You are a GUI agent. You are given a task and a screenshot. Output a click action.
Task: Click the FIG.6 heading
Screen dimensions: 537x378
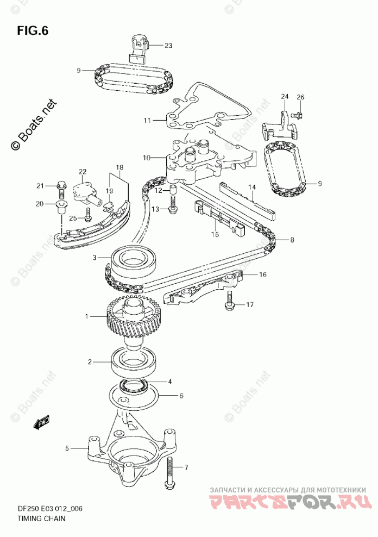point(33,30)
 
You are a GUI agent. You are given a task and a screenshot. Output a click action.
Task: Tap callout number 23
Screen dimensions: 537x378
point(168,46)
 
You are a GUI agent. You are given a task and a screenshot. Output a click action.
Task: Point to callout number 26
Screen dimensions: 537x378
point(300,97)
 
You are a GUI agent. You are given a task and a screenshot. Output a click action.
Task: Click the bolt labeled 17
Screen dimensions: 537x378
point(230,301)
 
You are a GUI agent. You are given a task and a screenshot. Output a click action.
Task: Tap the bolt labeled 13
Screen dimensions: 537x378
point(173,207)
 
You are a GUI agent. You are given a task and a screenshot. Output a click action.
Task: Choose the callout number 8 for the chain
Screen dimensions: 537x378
point(292,240)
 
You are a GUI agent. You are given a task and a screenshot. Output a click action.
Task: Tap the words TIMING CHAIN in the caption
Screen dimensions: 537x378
point(44,518)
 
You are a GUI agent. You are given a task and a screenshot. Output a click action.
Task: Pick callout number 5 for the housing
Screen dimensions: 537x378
point(68,448)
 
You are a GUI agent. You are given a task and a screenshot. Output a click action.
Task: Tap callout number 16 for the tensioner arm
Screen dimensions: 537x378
point(262,274)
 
